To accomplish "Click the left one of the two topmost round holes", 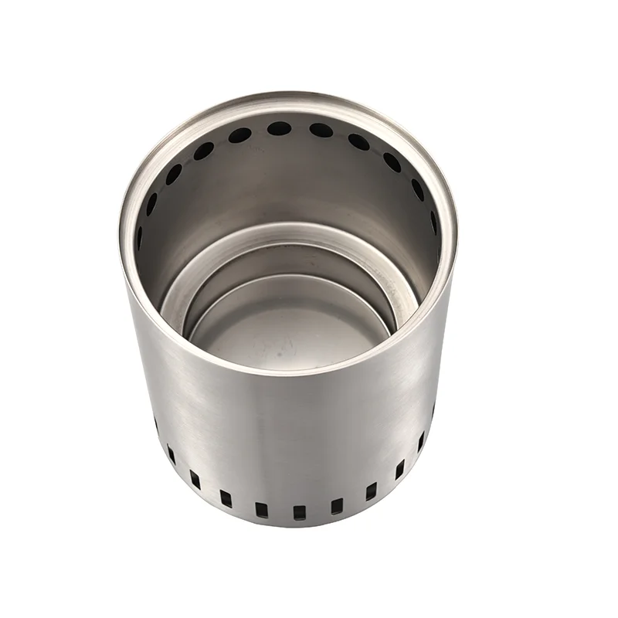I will click(x=279, y=128).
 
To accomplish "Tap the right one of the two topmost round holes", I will click(x=321, y=130).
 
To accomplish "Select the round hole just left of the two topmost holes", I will click(x=239, y=136).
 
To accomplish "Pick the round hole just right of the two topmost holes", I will click(x=358, y=141).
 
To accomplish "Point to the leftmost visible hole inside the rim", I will click(x=140, y=236).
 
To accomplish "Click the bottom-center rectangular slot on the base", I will click(x=299, y=512).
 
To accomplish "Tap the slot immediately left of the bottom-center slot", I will click(x=261, y=509).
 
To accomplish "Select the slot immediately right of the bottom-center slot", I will click(x=336, y=507).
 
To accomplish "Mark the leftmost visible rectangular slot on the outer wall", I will click(x=155, y=423).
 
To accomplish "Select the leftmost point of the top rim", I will click(x=122, y=232).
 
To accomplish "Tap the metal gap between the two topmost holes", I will click(x=300, y=128).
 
